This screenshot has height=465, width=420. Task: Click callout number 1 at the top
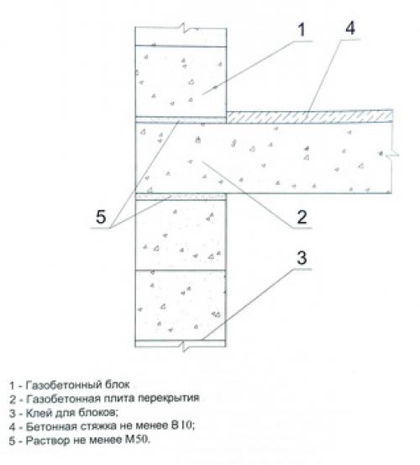coord(302,29)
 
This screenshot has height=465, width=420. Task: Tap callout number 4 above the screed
coord(349,29)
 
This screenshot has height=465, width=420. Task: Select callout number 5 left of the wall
coord(101,216)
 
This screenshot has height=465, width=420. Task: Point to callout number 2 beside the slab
coord(302,217)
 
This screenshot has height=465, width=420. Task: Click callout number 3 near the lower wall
coord(302,257)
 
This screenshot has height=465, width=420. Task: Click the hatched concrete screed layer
coord(310,117)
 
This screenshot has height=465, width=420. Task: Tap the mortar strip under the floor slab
coord(181,197)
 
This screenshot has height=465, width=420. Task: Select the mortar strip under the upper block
coord(181,119)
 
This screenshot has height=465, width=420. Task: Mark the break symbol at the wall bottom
coord(185,346)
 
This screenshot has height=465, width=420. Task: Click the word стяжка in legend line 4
coord(98,426)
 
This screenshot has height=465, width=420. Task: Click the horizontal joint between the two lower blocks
coord(181,270)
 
